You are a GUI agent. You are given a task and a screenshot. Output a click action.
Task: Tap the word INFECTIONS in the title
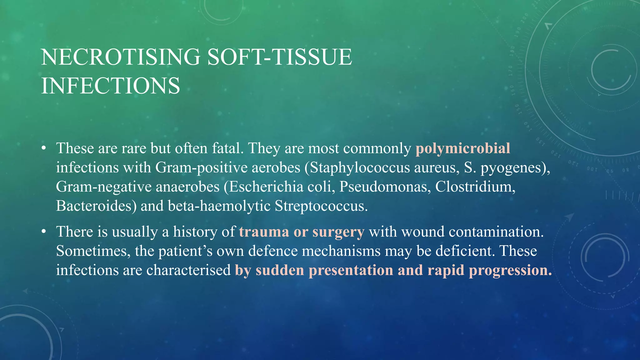click(111, 86)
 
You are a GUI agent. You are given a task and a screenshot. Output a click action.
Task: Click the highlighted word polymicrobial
click(462, 148)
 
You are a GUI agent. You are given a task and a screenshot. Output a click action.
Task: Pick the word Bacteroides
click(96, 206)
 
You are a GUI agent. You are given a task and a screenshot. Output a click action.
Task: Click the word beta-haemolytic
click(219, 206)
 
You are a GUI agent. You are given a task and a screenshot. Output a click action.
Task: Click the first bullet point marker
click(44, 148)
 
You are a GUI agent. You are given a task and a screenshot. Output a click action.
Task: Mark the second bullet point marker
click(44, 232)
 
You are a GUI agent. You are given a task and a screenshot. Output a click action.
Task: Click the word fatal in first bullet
click(227, 148)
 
